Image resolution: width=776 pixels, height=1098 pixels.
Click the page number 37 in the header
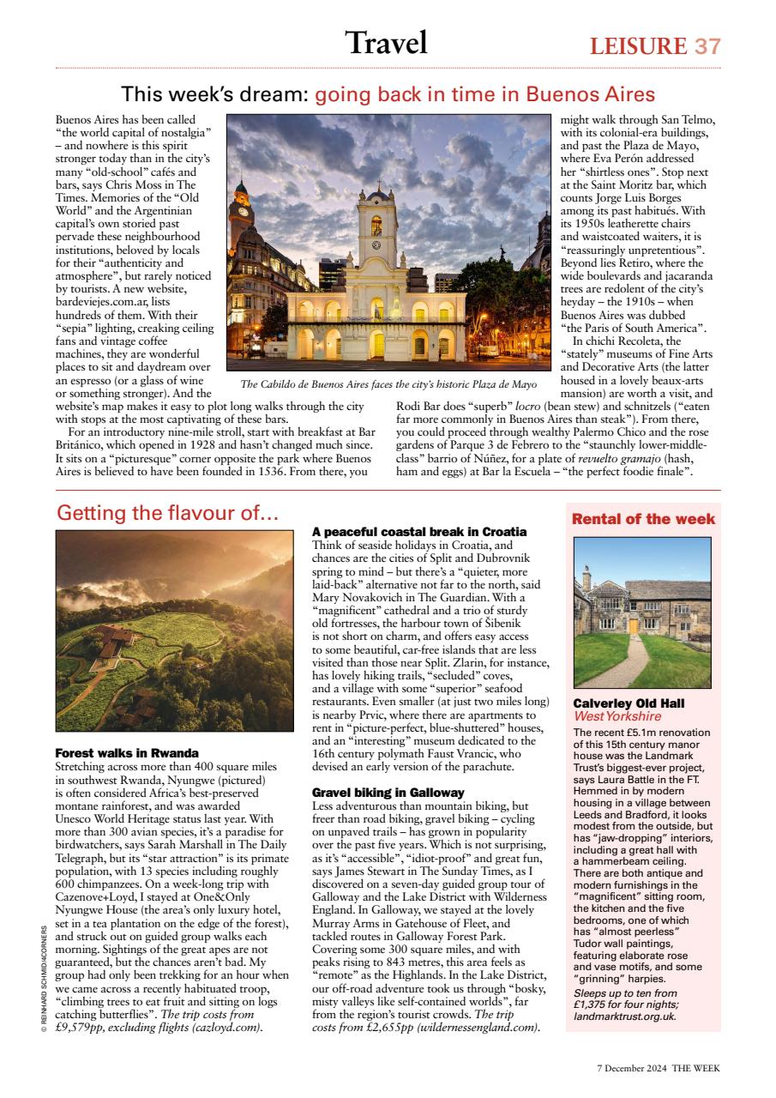[707, 45]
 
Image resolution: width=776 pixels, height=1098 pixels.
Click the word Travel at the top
[386, 43]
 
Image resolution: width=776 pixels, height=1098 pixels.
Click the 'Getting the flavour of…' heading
[168, 513]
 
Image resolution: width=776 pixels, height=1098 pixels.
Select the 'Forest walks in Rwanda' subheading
[127, 753]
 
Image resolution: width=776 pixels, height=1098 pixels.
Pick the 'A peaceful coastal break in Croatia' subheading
[419, 532]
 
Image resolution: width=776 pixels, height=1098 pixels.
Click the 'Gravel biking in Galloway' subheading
[388, 792]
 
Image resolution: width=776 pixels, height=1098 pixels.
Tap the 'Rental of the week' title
[643, 519]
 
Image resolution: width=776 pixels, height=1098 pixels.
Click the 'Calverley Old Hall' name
[629, 703]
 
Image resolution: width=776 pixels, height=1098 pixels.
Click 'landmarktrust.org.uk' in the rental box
[625, 1017]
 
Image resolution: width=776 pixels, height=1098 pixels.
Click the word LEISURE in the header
[638, 45]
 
